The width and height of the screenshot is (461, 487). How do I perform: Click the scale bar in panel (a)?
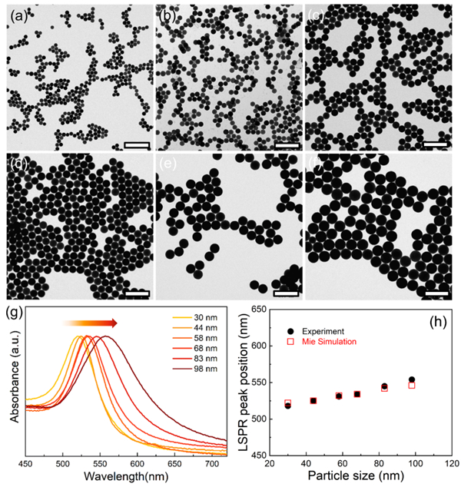coord(135,144)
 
